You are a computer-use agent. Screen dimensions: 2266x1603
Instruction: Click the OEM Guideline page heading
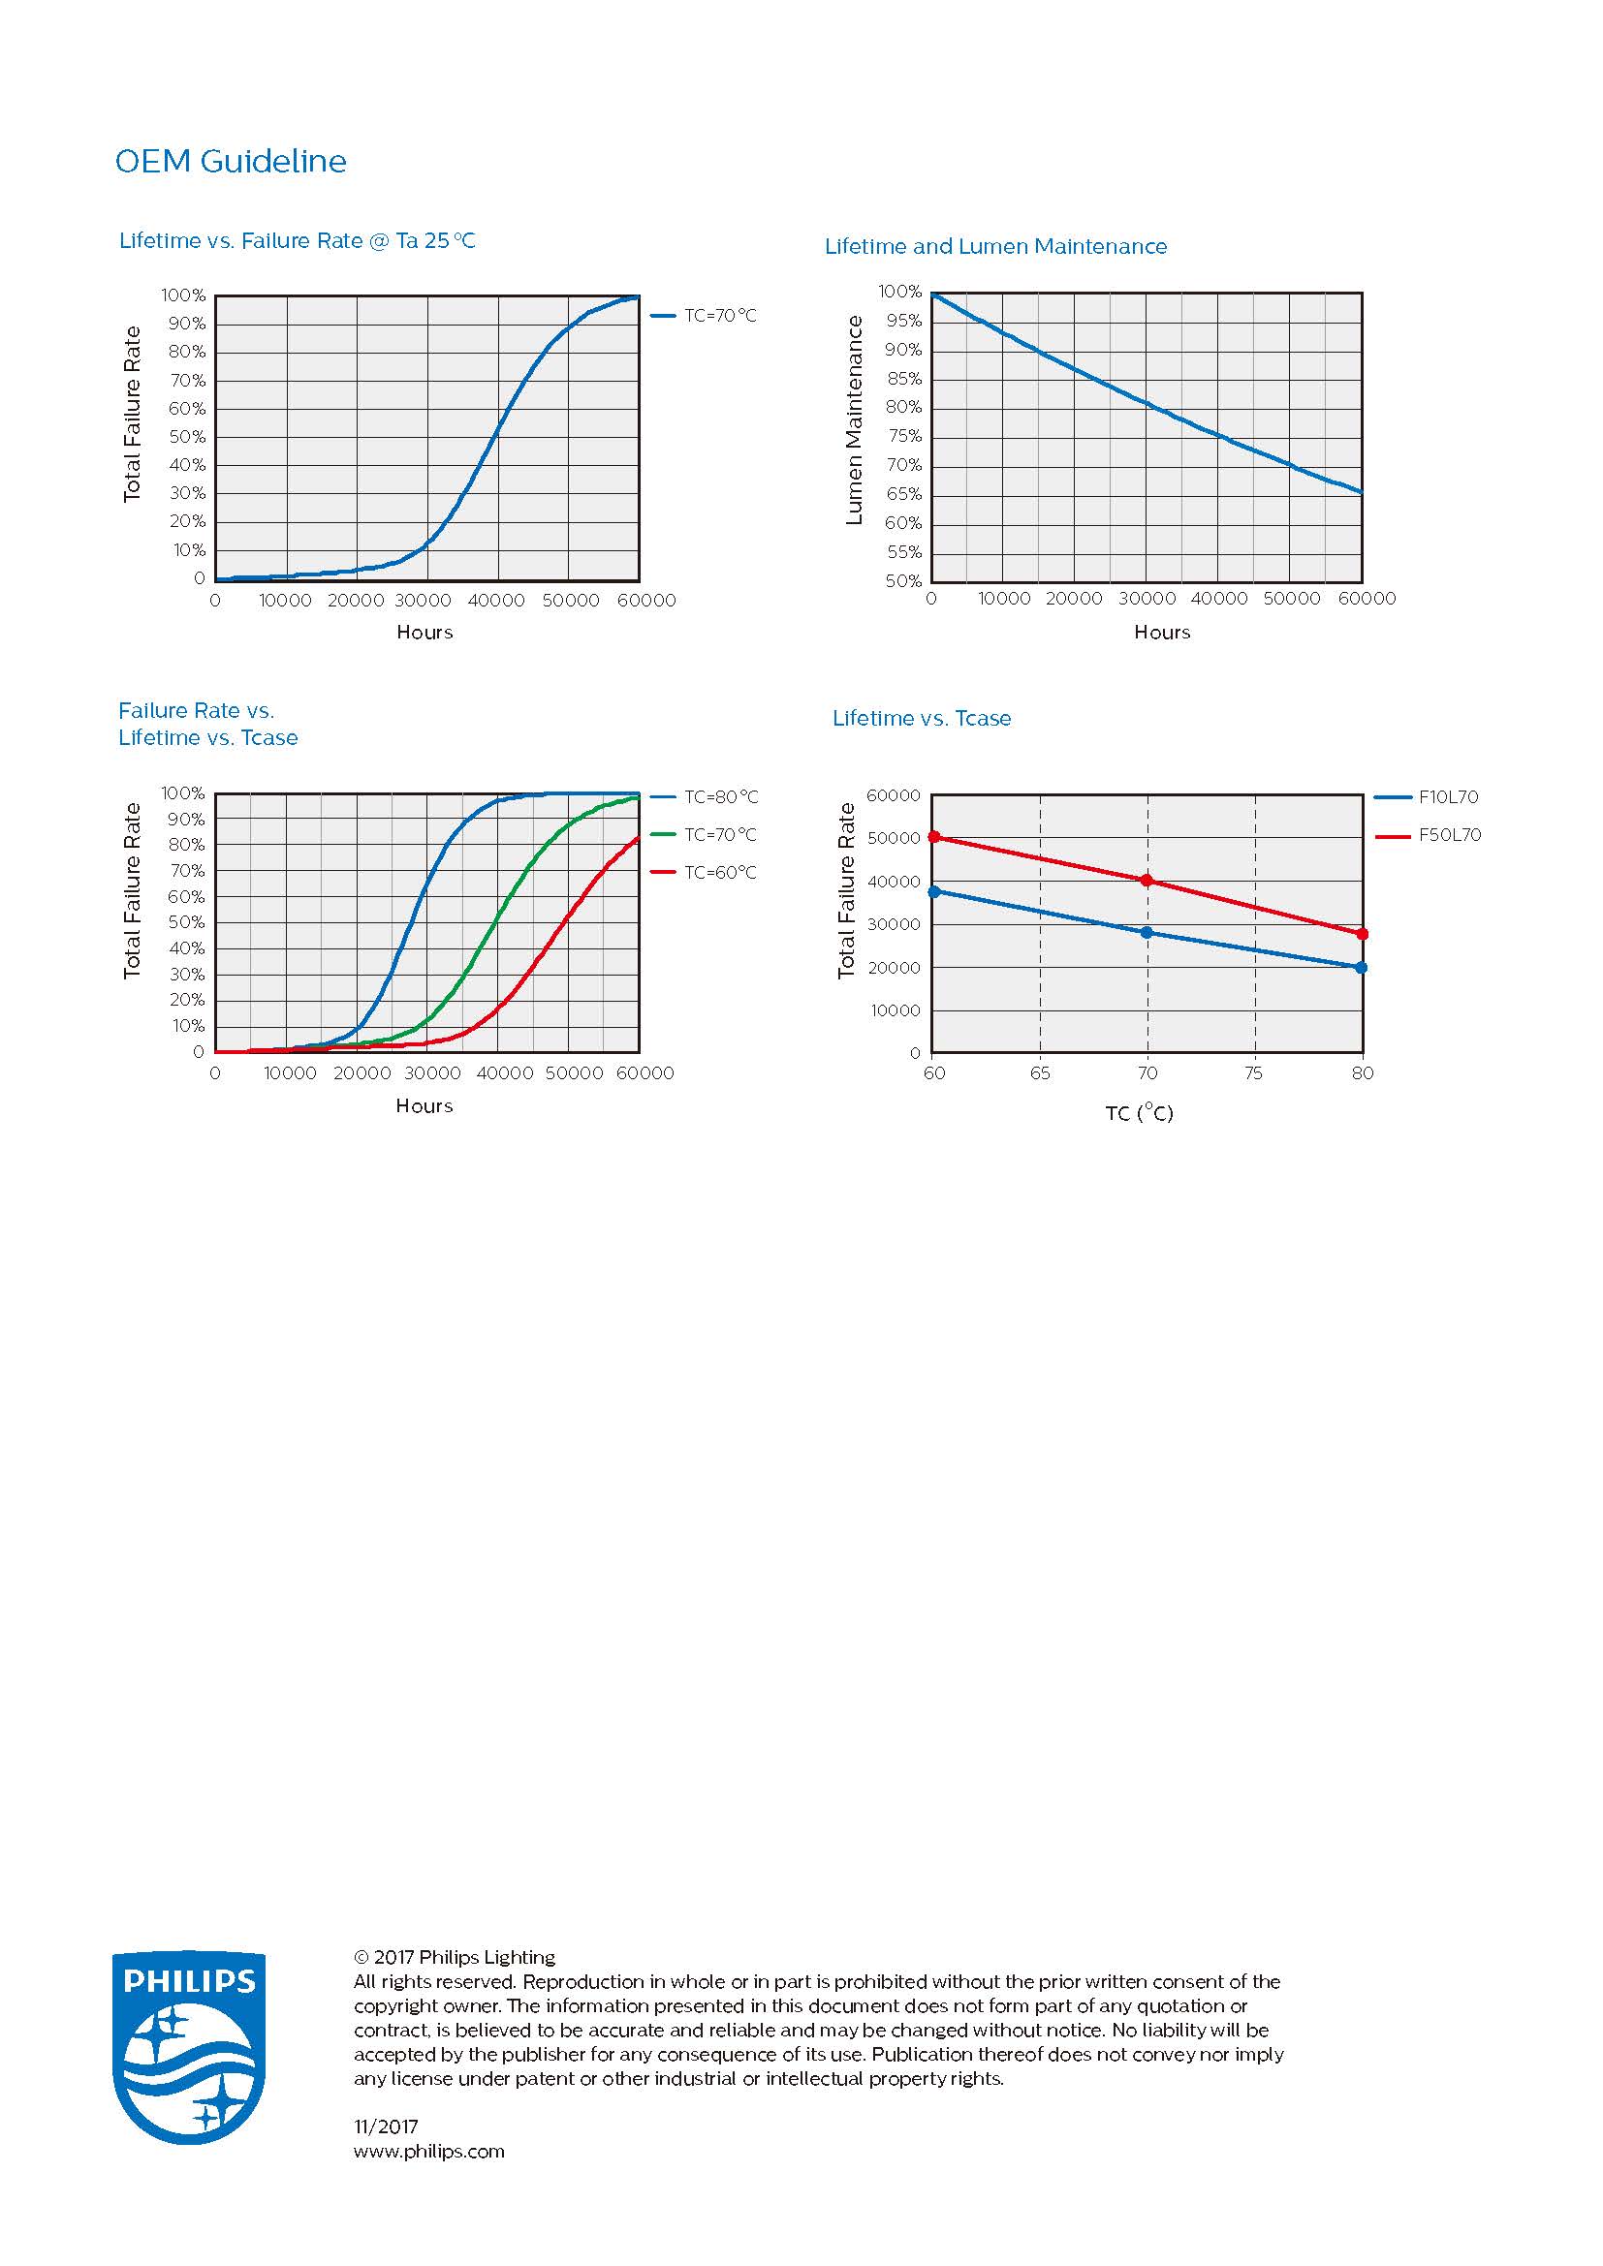[x=231, y=161]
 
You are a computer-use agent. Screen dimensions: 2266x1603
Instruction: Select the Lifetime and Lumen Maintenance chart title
[x=995, y=246]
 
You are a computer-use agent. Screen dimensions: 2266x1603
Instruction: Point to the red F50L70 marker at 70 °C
[x=1147, y=880]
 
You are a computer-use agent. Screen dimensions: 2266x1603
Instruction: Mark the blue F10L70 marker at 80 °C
[x=1362, y=967]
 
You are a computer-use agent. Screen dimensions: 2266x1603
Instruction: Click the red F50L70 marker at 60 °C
[x=933, y=837]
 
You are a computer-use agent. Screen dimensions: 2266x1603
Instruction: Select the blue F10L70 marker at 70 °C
[x=1147, y=932]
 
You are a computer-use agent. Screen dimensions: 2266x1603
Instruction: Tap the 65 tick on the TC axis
[x=1040, y=1072]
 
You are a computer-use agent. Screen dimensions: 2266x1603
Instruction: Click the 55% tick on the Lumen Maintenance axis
[x=903, y=551]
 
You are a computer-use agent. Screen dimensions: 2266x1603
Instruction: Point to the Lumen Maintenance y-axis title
[x=855, y=420]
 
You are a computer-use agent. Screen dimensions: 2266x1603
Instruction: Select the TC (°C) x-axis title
[x=1139, y=1113]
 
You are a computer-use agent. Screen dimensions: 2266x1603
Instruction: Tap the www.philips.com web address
[x=428, y=2151]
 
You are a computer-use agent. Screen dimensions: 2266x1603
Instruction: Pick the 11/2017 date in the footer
[x=386, y=2126]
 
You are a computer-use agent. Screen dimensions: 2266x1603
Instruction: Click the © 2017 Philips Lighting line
[x=454, y=1957]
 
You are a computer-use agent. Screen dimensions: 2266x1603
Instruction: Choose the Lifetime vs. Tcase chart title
[x=921, y=718]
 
